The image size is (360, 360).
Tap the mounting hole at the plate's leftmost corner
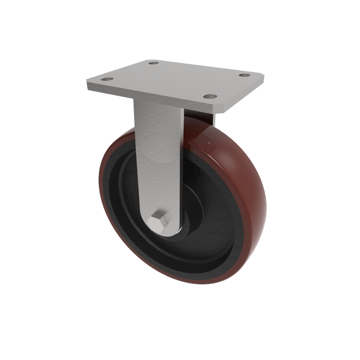pyautogui.click(x=107, y=80)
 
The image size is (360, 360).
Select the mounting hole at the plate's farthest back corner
pyautogui.click(x=153, y=63)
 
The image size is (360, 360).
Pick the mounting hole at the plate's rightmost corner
pyautogui.click(x=244, y=75)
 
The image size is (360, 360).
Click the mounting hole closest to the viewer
pyautogui.click(x=209, y=96)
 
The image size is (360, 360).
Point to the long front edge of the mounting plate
pyautogui.click(x=153, y=97)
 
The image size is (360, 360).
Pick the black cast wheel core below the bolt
pyautogui.click(x=180, y=256)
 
